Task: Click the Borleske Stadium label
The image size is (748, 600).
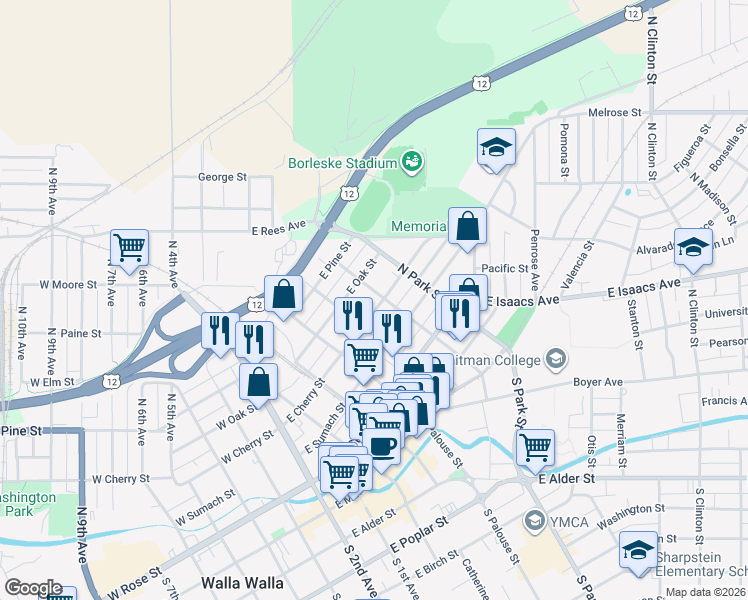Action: click(x=343, y=163)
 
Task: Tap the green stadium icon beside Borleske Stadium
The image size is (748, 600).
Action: click(x=412, y=159)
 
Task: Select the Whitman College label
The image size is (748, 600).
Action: click(x=500, y=360)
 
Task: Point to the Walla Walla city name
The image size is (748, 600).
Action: click(x=242, y=582)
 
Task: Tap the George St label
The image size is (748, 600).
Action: click(x=222, y=177)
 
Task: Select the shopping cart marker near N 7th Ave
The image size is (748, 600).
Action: click(x=129, y=247)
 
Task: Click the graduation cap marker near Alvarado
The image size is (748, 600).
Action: click(x=693, y=247)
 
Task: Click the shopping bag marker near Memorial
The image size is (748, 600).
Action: click(x=467, y=226)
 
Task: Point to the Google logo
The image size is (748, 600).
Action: click(x=33, y=588)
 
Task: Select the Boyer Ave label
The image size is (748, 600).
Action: click(x=598, y=382)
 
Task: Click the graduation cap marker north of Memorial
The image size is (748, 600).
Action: click(x=496, y=147)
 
